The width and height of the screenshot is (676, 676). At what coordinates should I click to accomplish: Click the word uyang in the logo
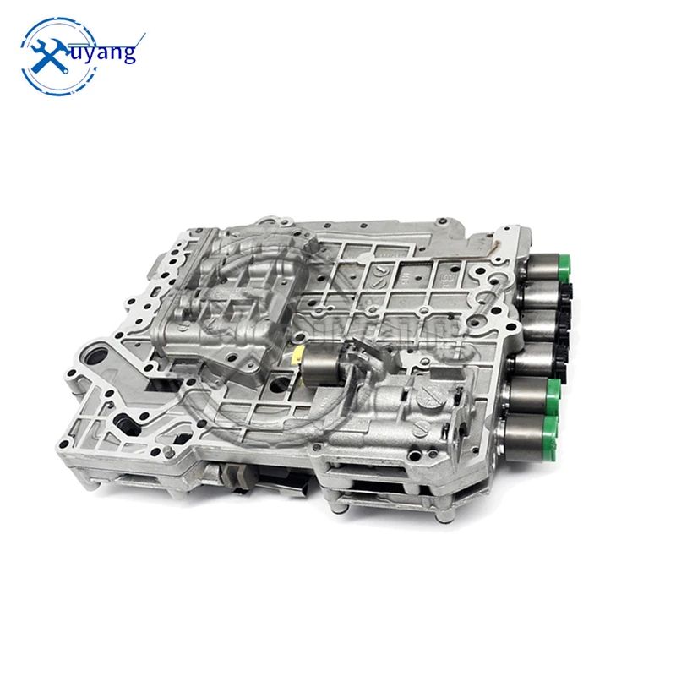[x=106, y=52]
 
